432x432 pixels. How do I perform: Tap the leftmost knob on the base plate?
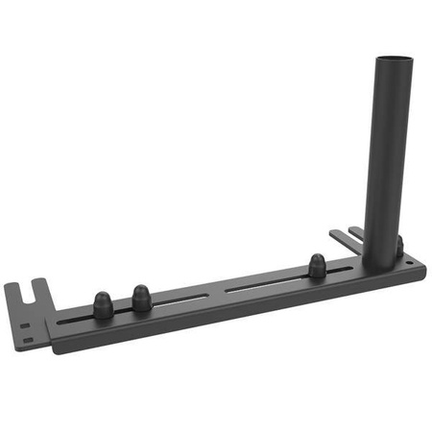[102, 301]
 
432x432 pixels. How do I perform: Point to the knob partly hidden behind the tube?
[398, 248]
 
